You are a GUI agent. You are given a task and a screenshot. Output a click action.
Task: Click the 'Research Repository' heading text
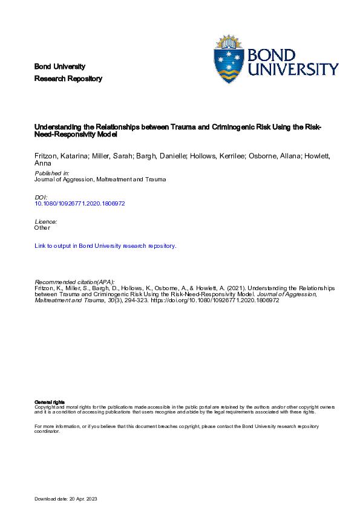tap(68, 79)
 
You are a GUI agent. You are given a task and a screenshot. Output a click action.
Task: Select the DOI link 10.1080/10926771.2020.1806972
tap(80, 203)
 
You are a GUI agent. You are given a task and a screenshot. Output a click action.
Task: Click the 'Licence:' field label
tap(46, 222)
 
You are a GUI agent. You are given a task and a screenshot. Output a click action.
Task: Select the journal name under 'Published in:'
tap(100, 179)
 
